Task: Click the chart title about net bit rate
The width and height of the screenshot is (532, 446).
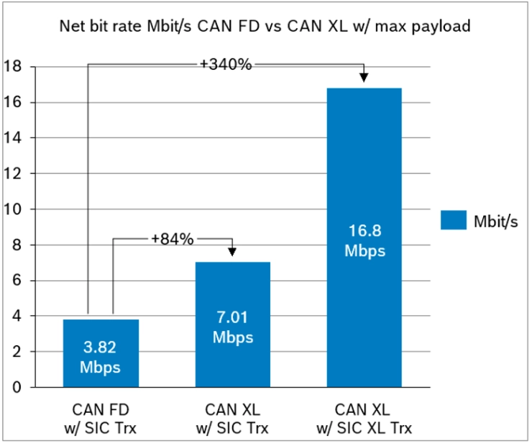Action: pos(265,28)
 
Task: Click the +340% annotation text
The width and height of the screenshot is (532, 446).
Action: pos(226,65)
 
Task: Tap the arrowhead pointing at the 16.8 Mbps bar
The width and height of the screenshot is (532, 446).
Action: pos(364,77)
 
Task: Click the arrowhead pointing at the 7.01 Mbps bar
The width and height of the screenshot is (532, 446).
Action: pos(232,251)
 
